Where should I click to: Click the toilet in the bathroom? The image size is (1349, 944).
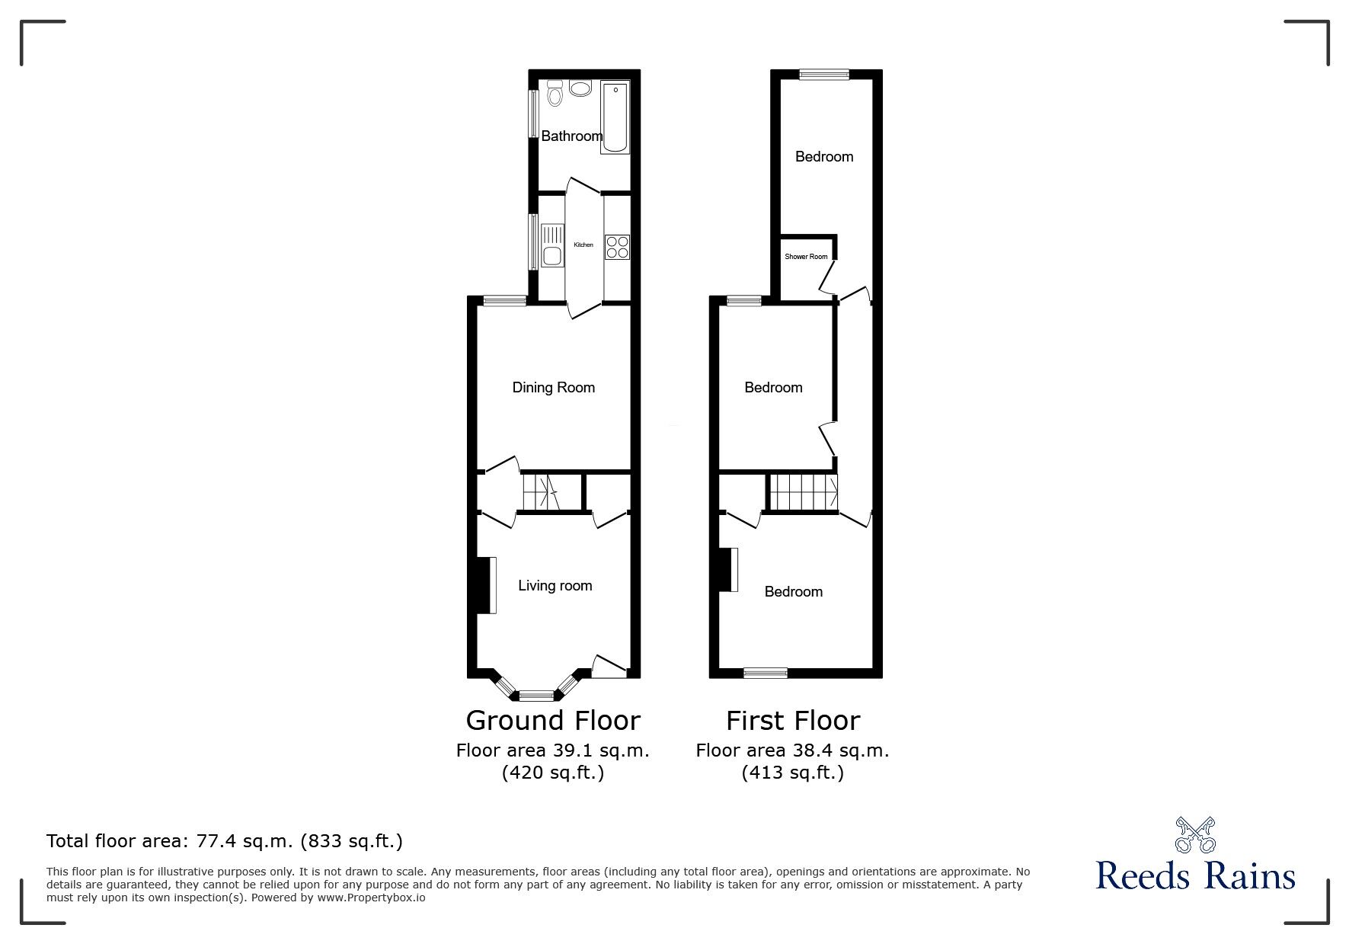(x=555, y=93)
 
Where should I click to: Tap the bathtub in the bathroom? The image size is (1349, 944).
(x=615, y=117)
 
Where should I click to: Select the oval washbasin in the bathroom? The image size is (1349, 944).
(x=580, y=89)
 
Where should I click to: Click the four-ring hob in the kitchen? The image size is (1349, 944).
(x=617, y=247)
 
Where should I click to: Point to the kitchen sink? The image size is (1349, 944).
(x=551, y=245)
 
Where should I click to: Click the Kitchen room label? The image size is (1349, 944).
(x=583, y=245)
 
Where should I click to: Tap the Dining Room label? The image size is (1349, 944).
(x=553, y=388)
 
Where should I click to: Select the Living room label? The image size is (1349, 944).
(x=555, y=586)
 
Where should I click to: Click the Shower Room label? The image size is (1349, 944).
(x=806, y=257)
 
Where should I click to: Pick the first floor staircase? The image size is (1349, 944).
(x=802, y=491)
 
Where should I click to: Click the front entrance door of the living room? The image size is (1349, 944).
(x=609, y=667)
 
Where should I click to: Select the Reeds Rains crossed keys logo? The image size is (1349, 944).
(x=1195, y=835)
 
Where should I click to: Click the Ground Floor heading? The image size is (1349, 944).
(x=553, y=721)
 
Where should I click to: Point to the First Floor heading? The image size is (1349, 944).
(x=792, y=721)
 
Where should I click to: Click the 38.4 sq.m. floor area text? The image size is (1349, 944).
(x=792, y=750)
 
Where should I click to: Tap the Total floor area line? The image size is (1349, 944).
(x=225, y=841)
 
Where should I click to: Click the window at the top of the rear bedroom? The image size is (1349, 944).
(x=823, y=74)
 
